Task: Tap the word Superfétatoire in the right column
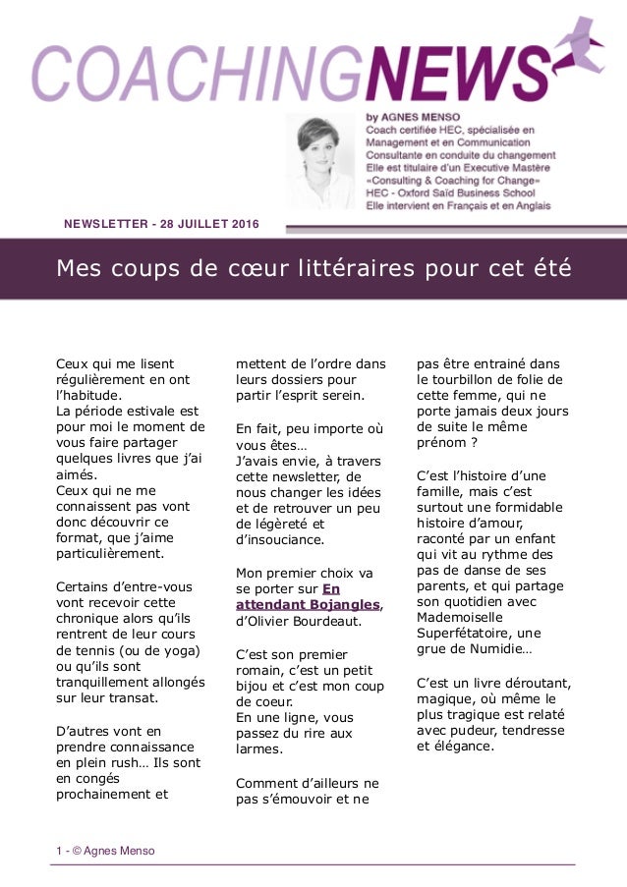467,620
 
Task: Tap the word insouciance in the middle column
279,539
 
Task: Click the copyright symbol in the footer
75,851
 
